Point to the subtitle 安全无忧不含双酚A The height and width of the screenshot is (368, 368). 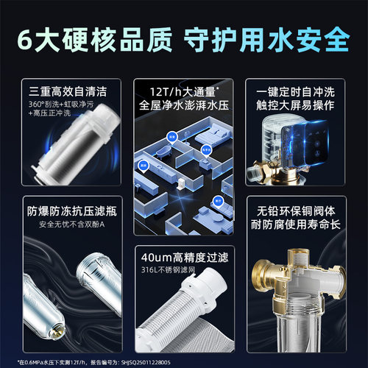(63, 220)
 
